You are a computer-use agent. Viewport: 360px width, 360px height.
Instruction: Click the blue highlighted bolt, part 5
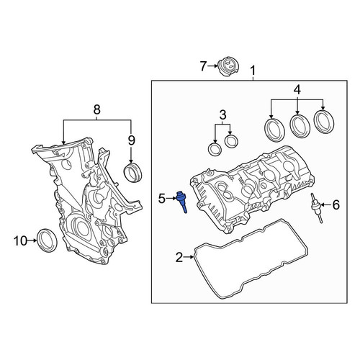(x=181, y=202)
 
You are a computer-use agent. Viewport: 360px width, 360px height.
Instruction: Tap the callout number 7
(x=203, y=66)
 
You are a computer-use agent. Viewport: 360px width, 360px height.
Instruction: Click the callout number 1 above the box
(x=253, y=71)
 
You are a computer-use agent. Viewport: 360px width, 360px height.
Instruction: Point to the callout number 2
(x=179, y=257)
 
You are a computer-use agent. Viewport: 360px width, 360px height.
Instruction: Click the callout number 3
(x=223, y=114)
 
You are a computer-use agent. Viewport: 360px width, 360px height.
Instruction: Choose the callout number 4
(x=297, y=89)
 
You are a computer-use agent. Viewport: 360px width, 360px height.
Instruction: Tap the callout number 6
(x=336, y=204)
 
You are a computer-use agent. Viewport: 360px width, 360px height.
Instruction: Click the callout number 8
(x=96, y=110)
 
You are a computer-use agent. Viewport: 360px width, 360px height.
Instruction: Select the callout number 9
(x=131, y=140)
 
